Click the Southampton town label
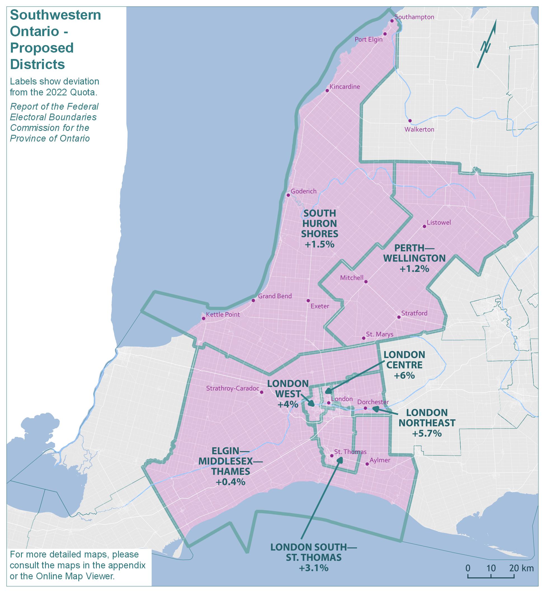tap(414, 17)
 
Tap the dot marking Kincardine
tap(327, 91)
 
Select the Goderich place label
tap(304, 191)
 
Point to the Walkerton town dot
tap(410, 121)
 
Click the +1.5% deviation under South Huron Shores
tap(320, 244)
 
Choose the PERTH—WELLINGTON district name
tap(414, 253)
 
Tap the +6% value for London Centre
tap(404, 375)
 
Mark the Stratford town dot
tap(399, 317)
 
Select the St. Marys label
tap(380, 334)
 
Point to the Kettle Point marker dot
tap(203, 319)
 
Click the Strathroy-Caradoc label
tap(232, 388)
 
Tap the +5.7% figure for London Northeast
tap(427, 434)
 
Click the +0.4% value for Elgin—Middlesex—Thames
tap(231, 482)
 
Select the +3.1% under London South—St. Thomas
tap(314, 568)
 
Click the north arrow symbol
tap(487, 44)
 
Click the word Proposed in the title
tap(42, 48)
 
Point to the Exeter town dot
tap(308, 300)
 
